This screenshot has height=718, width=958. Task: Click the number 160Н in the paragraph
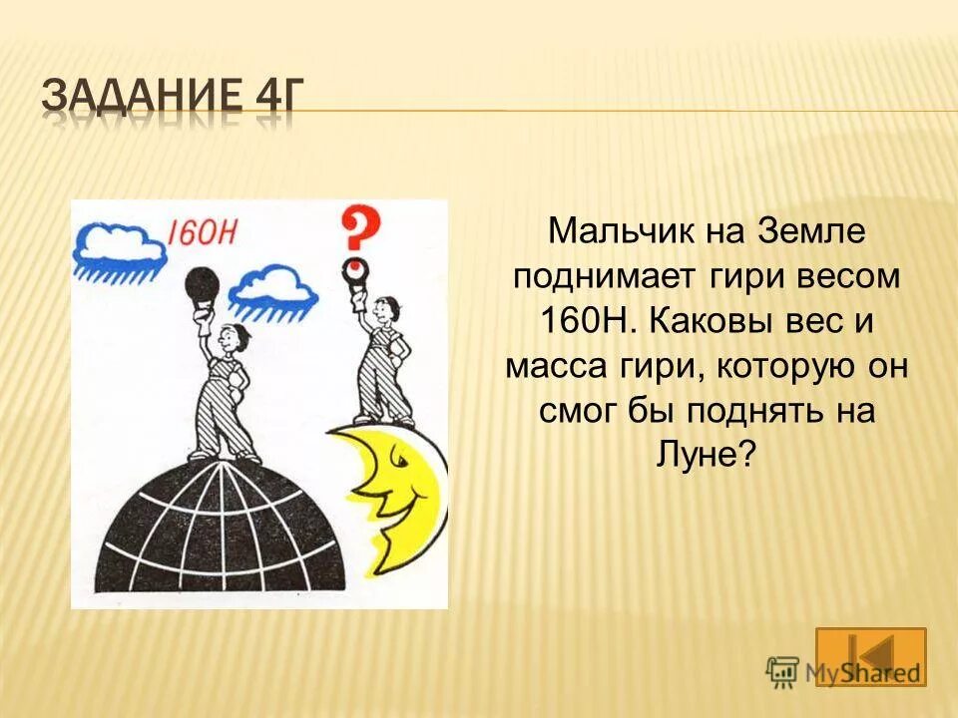(x=579, y=323)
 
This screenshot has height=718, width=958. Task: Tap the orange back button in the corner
(x=869, y=655)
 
